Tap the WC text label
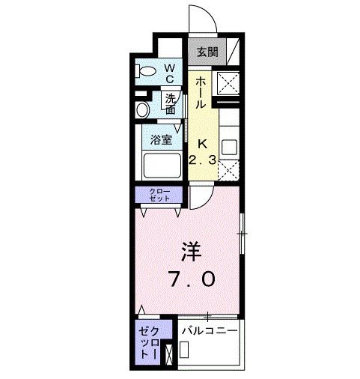169,72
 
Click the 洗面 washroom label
171,103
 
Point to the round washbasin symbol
142,110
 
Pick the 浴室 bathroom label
160,139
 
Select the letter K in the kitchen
201,143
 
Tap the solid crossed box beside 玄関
228,82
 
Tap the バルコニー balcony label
210,330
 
